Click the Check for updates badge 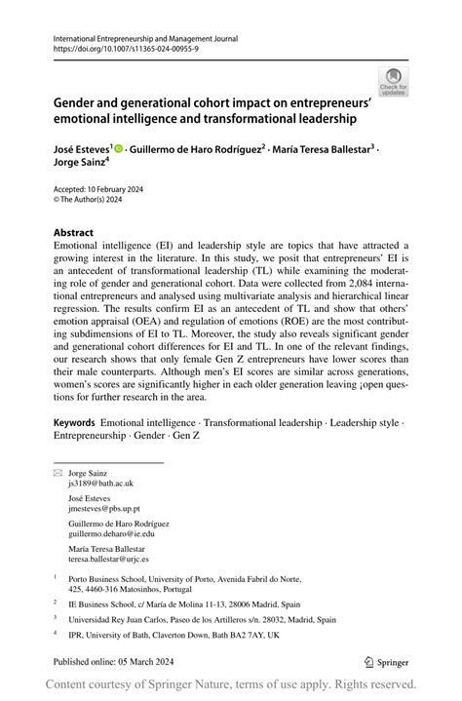point(394,81)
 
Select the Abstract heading point(74,233)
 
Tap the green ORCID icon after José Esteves point(119,148)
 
